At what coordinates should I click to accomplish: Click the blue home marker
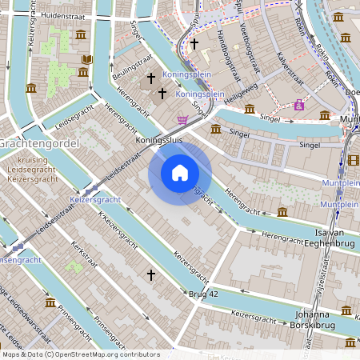point(180,172)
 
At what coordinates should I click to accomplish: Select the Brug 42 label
point(203,295)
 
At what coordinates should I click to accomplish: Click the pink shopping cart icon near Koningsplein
point(183,120)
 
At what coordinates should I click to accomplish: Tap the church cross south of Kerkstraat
point(150,274)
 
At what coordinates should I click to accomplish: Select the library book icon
point(87,60)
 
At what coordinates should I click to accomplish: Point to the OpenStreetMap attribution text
point(80,354)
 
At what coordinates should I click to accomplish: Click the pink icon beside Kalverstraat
point(298,104)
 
